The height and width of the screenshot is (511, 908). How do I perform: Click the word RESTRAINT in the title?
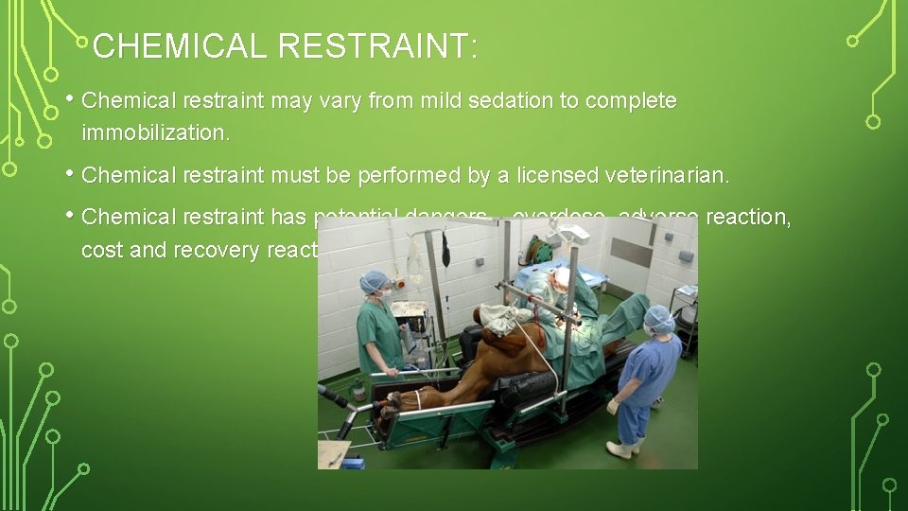[378, 46]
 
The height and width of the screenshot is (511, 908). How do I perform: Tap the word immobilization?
[155, 133]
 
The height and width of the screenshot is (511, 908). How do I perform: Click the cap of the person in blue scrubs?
[659, 318]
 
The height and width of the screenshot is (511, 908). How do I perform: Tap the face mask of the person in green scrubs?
[385, 294]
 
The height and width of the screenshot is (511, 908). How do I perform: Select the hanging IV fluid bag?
[413, 257]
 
